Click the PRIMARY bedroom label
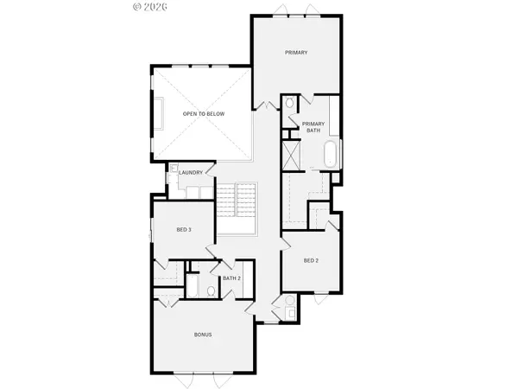[297, 53]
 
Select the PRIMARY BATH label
[312, 127]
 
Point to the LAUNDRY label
[191, 173]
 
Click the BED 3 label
[183, 229]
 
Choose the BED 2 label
[312, 260]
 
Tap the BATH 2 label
[231, 278]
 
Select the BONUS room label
[202, 335]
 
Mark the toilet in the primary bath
[289, 105]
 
